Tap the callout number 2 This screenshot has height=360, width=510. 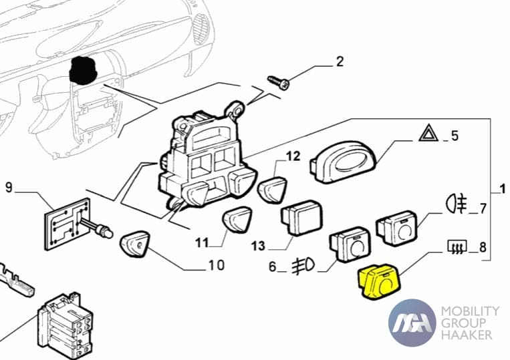(340, 62)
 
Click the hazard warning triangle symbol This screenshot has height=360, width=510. (428, 134)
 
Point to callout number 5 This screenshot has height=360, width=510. (455, 136)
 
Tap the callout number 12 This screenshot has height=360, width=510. (293, 157)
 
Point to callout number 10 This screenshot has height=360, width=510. (216, 265)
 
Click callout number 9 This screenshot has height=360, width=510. (9, 187)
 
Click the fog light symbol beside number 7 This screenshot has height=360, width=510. (457, 202)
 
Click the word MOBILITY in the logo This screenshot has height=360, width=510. (471, 311)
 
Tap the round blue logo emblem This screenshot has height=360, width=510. (412, 323)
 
